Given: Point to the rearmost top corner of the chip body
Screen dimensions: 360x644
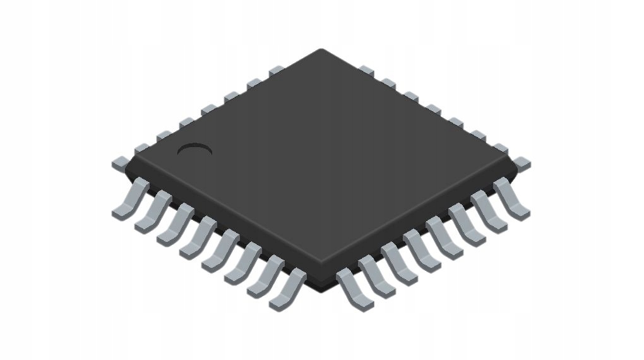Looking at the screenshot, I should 321,50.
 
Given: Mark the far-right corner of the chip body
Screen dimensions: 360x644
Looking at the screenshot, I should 515,166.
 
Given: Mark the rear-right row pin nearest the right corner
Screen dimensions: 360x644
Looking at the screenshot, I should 522,162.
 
